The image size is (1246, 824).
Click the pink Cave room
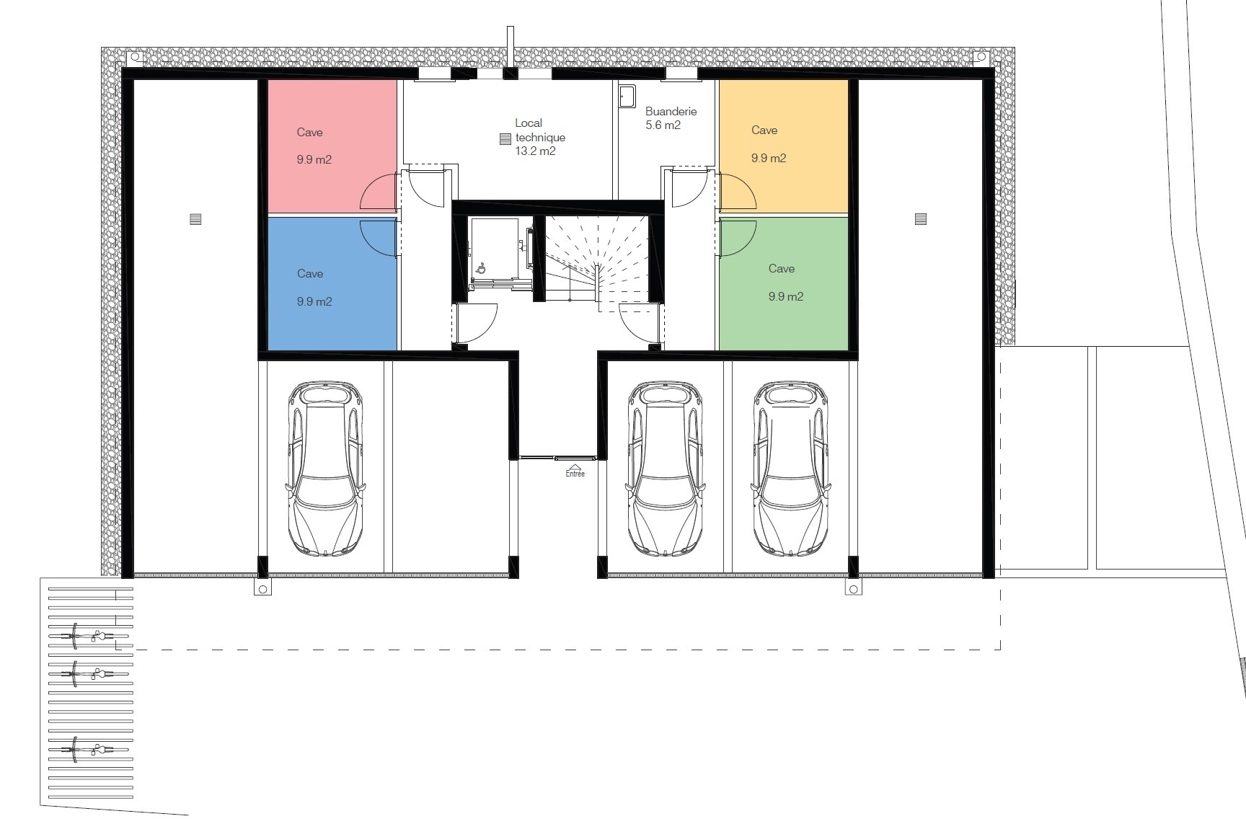[x=332, y=146]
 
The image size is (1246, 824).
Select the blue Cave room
[x=332, y=283]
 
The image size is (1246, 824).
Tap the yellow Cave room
[x=784, y=146]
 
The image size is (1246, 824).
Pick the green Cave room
[x=784, y=283]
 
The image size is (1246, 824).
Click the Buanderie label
[x=671, y=112]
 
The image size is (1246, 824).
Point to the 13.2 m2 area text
[x=535, y=151]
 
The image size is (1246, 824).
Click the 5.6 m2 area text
[x=663, y=125]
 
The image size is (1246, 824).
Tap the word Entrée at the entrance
[x=575, y=474]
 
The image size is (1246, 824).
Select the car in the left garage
[x=326, y=469]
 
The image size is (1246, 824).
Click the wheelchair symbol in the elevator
[x=481, y=268]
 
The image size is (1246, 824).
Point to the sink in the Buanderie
[x=627, y=96]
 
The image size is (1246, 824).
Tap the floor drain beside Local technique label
[x=504, y=139]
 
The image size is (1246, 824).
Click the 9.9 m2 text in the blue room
[x=314, y=301]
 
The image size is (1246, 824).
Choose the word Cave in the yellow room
[x=764, y=130]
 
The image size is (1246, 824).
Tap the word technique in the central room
[x=540, y=137]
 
